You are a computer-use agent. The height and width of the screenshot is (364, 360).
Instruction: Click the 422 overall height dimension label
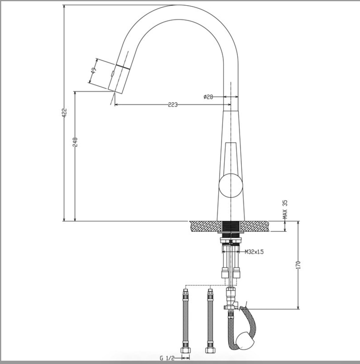pos(64,113)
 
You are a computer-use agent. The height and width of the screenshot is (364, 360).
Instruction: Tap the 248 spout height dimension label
pos(75,142)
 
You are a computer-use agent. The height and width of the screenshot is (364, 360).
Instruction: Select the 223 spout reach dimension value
pos(173,105)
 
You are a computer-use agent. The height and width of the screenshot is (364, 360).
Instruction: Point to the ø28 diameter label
pos(208,97)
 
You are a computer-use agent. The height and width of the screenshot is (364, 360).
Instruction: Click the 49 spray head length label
pos(94,71)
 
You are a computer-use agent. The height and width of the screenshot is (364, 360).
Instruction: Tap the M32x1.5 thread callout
pos(254,252)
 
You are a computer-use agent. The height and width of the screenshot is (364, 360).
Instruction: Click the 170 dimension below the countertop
pos(298,265)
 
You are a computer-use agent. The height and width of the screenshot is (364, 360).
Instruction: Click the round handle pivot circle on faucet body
pos(230,185)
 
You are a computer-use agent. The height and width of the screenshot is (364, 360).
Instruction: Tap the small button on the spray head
pos(112,73)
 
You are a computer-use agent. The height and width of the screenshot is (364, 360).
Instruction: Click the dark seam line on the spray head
pos(123,67)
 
